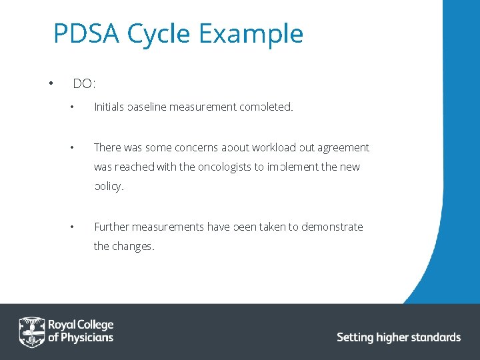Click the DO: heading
pos(84,84)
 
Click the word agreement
pos(343,147)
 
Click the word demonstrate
pos(332,227)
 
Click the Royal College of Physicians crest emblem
pos(31,331)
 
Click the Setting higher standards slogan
pos(399,337)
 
